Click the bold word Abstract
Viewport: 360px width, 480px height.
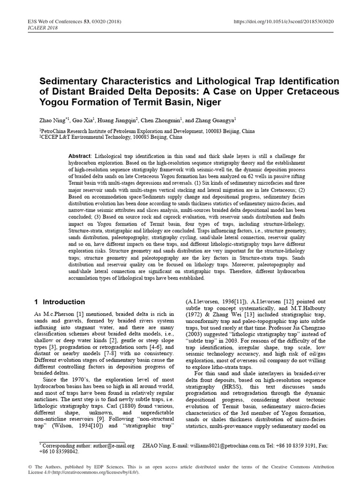click(80, 154)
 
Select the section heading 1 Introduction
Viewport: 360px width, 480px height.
click(60, 302)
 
